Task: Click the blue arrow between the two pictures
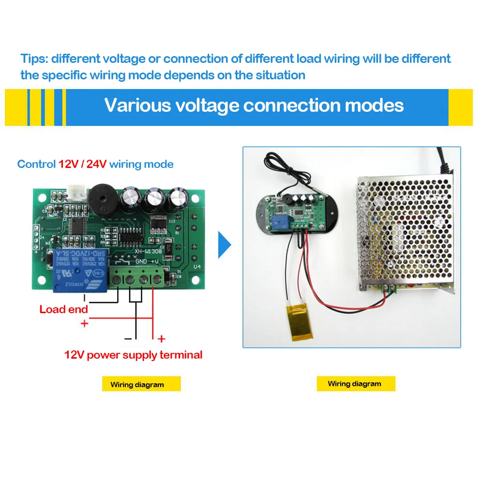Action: click(225, 245)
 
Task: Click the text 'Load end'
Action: click(64, 309)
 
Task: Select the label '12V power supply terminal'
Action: click(133, 355)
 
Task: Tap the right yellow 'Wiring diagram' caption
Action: click(354, 384)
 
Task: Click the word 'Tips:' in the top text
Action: click(34, 59)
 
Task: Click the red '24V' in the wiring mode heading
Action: click(96, 164)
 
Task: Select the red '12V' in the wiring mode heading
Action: click(69, 164)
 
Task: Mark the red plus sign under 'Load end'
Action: click(85, 323)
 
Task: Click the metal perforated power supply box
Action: click(407, 232)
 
